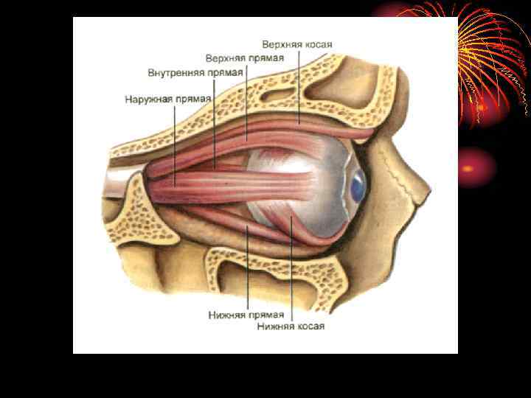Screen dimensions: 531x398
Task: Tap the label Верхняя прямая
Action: point(246,57)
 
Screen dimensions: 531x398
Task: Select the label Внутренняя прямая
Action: point(194,74)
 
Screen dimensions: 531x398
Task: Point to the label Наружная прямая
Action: point(167,99)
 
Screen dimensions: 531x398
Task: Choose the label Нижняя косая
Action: point(291,326)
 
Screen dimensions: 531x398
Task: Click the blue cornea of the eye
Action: point(358,186)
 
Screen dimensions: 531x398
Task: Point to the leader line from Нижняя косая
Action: point(292,273)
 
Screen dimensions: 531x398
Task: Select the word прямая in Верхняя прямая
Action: point(266,57)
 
